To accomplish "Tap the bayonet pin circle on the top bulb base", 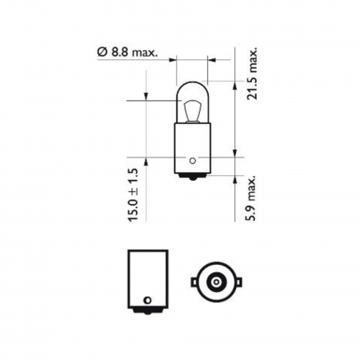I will tap(192, 158).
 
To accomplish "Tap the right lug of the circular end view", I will tap(235, 283).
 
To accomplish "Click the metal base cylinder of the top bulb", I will tap(192, 144).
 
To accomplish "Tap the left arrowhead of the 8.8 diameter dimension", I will tap(172, 58).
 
